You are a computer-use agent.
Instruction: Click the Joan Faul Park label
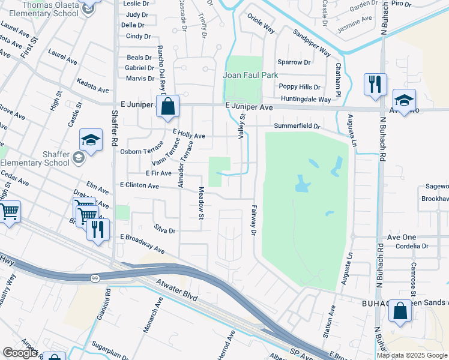pos(250,76)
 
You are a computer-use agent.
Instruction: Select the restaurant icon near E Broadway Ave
pos(98,229)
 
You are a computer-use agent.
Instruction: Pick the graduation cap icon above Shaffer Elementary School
pos(91,141)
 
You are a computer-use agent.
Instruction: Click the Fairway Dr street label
pos(253,220)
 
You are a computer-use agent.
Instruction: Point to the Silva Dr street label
pos(164,230)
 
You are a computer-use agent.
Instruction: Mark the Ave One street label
pos(402,238)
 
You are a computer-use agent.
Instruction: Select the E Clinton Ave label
pos(139,186)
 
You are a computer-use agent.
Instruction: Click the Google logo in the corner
pos(20,353)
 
